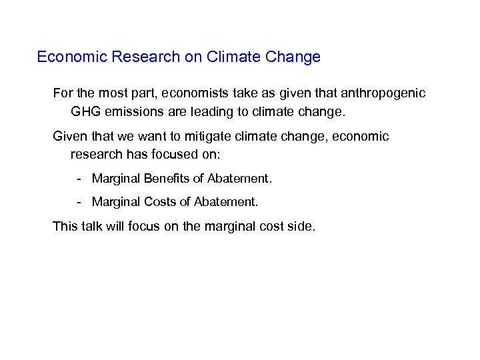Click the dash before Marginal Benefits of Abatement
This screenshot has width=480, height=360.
tap(79, 179)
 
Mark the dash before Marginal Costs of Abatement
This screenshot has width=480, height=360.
tap(79, 201)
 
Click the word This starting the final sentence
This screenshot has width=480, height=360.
tap(65, 227)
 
